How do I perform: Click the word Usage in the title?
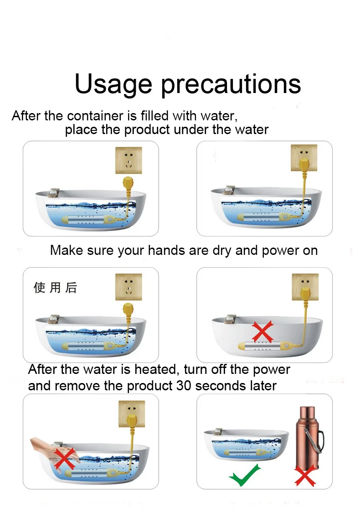pos(113,84)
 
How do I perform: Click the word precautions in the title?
pos(231,84)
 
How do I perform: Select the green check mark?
pos(245,474)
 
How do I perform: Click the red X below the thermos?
pos(305,475)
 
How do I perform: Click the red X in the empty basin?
pos(262,331)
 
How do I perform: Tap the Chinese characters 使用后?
pos(55,287)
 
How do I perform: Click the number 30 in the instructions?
pos(184,386)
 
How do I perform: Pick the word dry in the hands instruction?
pos(221,251)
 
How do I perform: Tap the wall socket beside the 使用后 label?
pos(129,287)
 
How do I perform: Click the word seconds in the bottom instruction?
pos(220,386)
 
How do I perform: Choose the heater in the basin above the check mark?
pos(243,452)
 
